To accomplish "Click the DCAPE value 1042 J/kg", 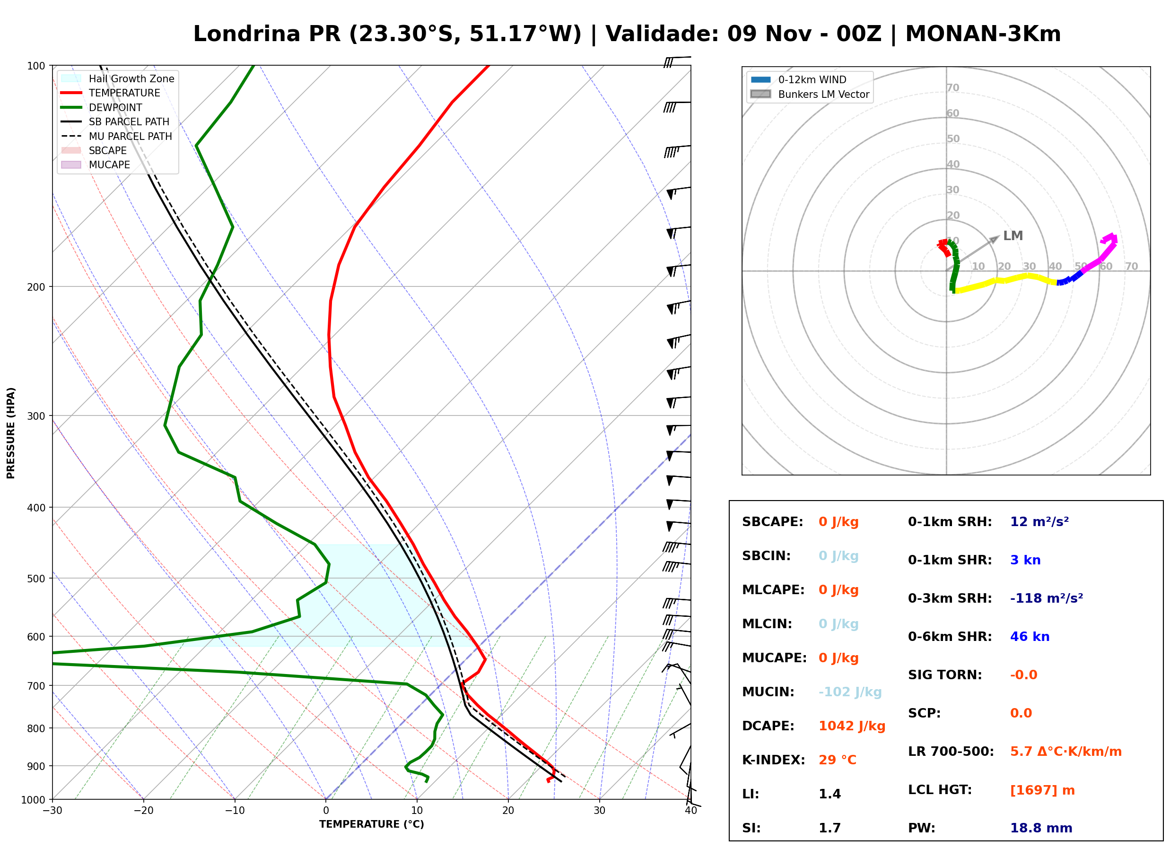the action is click(x=852, y=726).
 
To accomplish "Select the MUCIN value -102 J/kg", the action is click(x=850, y=692).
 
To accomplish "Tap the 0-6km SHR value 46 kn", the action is click(x=1030, y=637).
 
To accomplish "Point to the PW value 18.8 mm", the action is click(x=1041, y=828).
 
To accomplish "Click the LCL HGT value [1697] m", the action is click(x=1042, y=790).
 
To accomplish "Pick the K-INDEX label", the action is click(x=774, y=760).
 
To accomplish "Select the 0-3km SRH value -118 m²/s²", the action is click(x=1047, y=598).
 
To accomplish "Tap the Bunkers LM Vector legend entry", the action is click(x=810, y=94).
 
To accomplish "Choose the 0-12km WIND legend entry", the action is click(x=798, y=79).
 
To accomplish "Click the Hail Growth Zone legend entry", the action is click(x=118, y=78).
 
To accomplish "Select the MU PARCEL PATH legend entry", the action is click(x=117, y=136).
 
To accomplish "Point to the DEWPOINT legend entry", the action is click(x=102, y=107).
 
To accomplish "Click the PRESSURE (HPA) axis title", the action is click(x=10, y=433).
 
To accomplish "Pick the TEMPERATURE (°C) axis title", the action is click(x=372, y=824).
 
